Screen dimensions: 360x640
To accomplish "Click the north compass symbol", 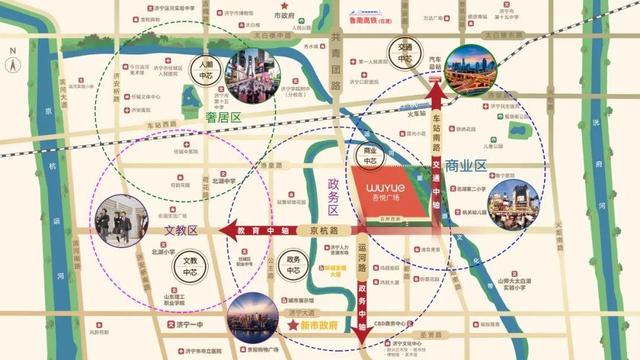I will point(11,63).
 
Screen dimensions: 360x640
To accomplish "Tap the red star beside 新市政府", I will point(293,326).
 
